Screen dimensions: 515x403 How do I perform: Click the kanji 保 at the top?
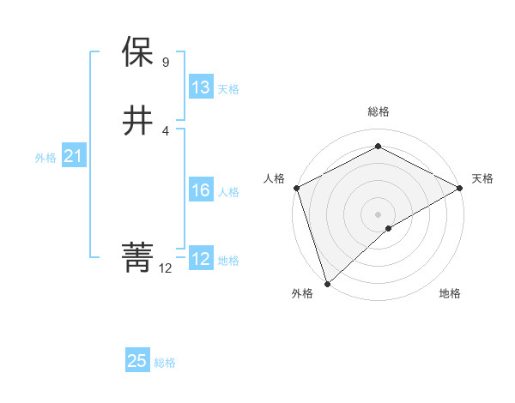(137, 52)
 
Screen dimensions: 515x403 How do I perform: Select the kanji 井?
(137, 121)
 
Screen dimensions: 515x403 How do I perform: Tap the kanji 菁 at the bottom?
(137, 256)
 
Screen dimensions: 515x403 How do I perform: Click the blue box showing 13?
(201, 87)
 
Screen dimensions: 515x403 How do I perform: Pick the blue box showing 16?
(201, 190)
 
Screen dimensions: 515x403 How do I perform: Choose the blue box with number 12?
(201, 259)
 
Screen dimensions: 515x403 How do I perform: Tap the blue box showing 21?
(73, 156)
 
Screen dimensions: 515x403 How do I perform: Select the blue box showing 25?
(137, 361)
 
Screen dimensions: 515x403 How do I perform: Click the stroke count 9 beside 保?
(166, 63)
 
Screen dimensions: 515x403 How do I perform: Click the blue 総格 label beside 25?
(165, 363)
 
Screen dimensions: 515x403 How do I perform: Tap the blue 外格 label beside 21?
(45, 158)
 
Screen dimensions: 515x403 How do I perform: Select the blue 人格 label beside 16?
(229, 192)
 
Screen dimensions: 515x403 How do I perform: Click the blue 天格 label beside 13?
(229, 89)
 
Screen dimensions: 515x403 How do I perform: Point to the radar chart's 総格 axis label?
(379, 111)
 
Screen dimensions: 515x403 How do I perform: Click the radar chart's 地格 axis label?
(450, 293)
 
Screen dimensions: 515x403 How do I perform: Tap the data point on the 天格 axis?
(461, 187)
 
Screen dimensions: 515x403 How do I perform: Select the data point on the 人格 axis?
(296, 187)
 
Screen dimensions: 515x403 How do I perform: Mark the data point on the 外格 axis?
(326, 284)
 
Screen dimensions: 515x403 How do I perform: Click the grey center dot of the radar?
(379, 214)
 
